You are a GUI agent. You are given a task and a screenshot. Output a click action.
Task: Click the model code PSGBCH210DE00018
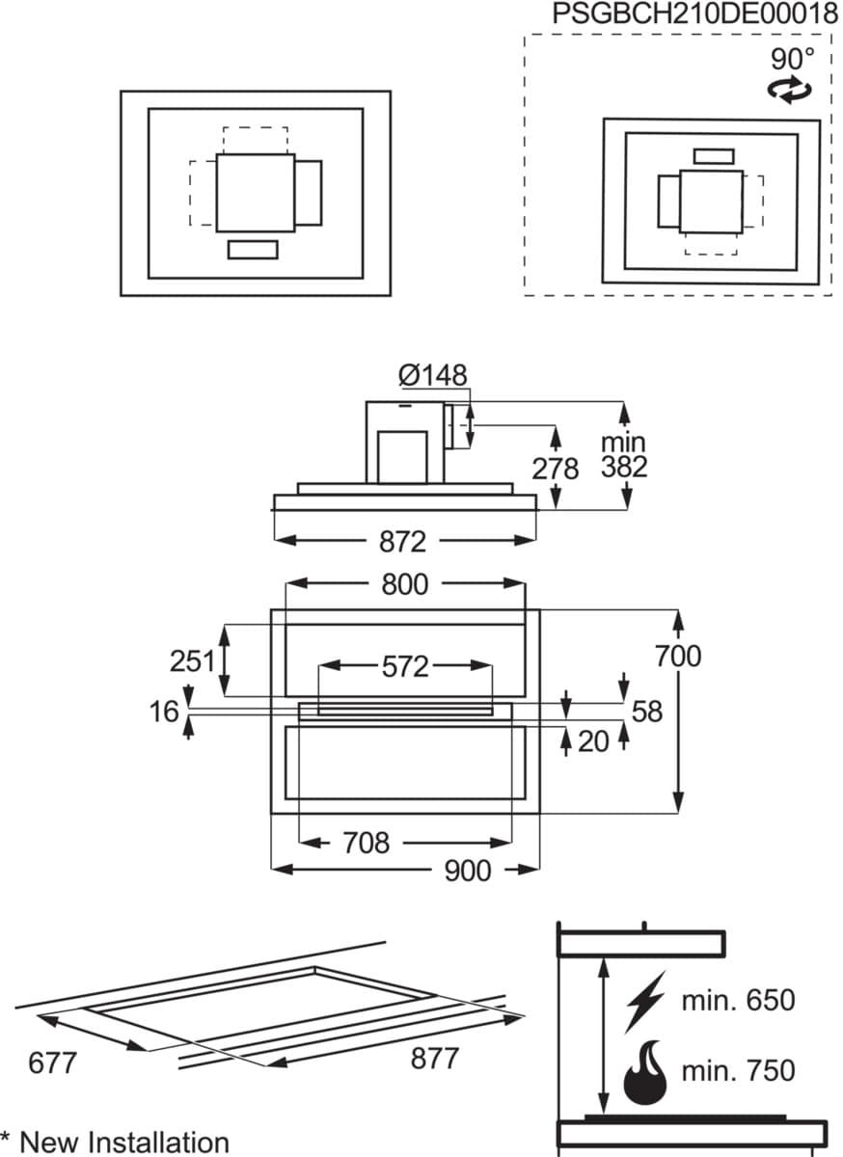coord(694,13)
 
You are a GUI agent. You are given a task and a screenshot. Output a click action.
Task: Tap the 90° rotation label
coord(792,59)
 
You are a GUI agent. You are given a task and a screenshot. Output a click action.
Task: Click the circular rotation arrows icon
coord(790,90)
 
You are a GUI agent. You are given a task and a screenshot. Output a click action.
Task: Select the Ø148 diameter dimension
coord(433,375)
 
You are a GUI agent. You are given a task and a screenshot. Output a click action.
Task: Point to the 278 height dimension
coord(556,469)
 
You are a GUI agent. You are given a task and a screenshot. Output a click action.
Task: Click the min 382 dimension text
coord(624,455)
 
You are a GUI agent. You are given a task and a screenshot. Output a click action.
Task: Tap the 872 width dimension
coord(402,542)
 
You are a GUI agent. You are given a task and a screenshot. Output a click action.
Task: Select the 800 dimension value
coord(405,584)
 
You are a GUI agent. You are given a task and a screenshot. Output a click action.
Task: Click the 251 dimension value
coord(192,661)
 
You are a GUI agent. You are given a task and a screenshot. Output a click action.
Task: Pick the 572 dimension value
coord(405,666)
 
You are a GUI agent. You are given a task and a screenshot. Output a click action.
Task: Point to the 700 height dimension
coord(678,656)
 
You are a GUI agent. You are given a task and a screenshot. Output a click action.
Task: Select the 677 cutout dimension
coord(52,1063)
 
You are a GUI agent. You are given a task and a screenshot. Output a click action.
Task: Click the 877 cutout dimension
coord(435,1058)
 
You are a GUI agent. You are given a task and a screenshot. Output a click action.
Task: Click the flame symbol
coord(645,1072)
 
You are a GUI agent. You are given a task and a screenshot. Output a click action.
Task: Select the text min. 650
coord(738,1000)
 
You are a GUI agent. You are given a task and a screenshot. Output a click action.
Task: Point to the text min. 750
coord(738,1070)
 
